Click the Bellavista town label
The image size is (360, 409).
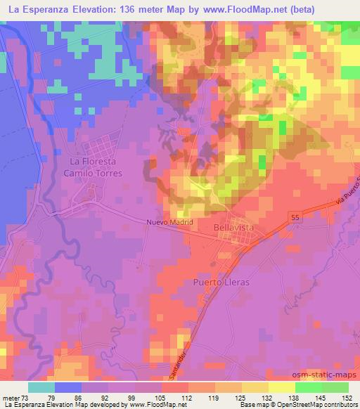[233, 228]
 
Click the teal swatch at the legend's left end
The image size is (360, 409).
[41, 387]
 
